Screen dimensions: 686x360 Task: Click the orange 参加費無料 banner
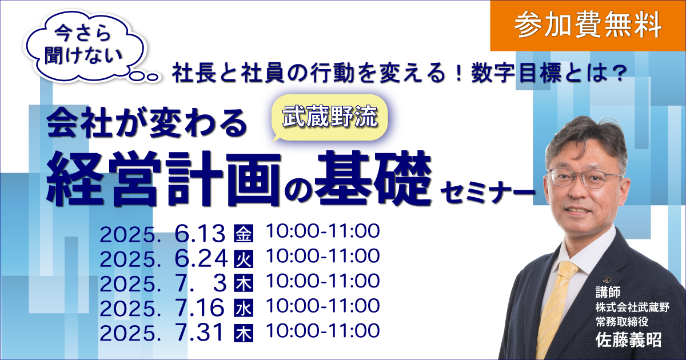tap(588, 26)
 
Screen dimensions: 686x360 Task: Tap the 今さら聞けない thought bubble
tap(84, 45)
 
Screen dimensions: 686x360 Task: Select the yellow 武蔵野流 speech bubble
tap(330, 118)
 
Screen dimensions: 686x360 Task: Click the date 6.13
tap(200, 234)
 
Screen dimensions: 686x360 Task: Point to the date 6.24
tap(201, 259)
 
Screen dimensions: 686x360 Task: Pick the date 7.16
tap(200, 307)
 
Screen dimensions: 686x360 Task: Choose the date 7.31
tap(199, 333)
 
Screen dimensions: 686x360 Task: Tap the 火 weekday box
tap(244, 259)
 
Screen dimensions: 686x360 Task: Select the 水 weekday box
tap(244, 307)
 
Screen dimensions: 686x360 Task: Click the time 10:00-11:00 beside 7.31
tap(323, 331)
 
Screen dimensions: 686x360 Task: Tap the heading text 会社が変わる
tap(147, 123)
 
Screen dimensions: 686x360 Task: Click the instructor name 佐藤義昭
tap(628, 340)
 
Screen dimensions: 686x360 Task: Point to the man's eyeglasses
tap(584, 178)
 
